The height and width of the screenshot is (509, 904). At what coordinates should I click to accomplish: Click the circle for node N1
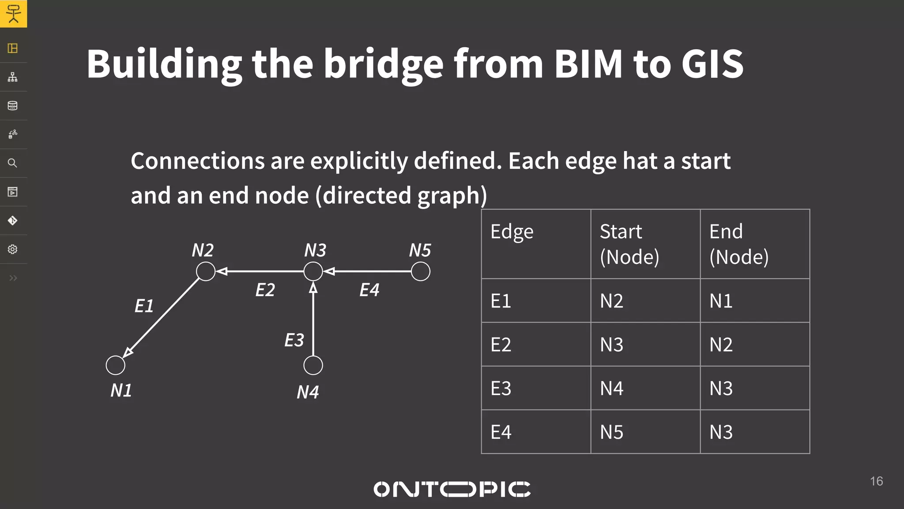tap(116, 365)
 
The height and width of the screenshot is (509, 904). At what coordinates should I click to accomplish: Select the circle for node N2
tap(206, 271)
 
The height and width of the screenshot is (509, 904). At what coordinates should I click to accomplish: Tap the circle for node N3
tap(313, 271)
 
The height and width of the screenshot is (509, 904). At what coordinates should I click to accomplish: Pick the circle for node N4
tap(313, 365)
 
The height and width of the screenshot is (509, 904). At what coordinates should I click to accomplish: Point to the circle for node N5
tap(420, 271)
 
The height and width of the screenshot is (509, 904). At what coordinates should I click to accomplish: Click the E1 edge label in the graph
tap(144, 306)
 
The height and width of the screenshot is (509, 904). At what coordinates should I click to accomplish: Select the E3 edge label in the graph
tap(294, 340)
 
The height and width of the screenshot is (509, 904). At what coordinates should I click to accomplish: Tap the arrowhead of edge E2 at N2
tap(222, 271)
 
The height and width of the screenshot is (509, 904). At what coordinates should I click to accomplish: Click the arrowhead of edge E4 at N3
tap(329, 271)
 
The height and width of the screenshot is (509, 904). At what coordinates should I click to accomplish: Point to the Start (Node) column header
tap(629, 244)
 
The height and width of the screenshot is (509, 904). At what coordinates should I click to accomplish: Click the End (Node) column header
tap(739, 244)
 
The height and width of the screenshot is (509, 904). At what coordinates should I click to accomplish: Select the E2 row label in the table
tap(501, 345)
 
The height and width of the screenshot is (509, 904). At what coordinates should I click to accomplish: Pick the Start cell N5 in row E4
tap(612, 432)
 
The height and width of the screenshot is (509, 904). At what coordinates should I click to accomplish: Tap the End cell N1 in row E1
tap(721, 301)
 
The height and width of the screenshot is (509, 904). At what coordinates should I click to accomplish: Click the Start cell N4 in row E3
tap(612, 388)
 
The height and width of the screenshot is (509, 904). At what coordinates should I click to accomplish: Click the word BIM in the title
tap(588, 64)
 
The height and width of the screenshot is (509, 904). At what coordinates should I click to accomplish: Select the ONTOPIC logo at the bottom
tap(452, 489)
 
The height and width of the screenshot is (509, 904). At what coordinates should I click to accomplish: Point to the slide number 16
tap(876, 481)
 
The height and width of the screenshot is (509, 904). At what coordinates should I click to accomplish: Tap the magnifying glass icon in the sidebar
tap(13, 163)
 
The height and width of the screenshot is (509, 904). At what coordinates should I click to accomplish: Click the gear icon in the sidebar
tap(13, 249)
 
